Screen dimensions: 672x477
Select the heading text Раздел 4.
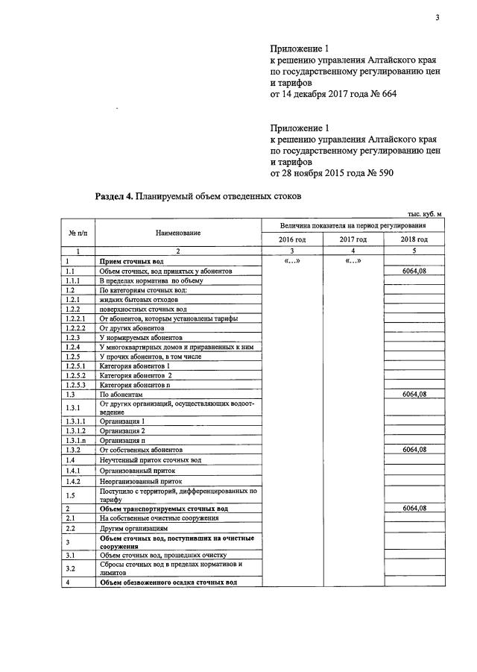click(115, 197)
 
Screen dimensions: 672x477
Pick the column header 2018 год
click(413, 239)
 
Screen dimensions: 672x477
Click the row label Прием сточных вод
click(132, 262)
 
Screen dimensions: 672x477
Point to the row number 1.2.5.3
click(76, 385)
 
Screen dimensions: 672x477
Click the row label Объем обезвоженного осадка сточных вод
click(168, 582)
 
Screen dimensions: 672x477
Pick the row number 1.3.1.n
click(75, 440)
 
